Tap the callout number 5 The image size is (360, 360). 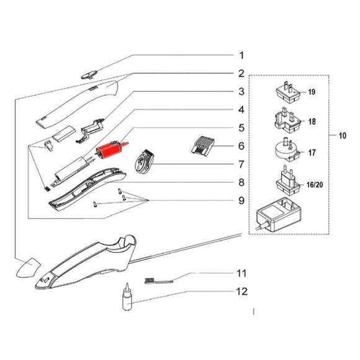241,128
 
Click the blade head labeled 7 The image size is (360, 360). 144,161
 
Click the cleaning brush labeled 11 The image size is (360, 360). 159,281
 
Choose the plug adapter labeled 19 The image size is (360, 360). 288,93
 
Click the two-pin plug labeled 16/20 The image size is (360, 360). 287,181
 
